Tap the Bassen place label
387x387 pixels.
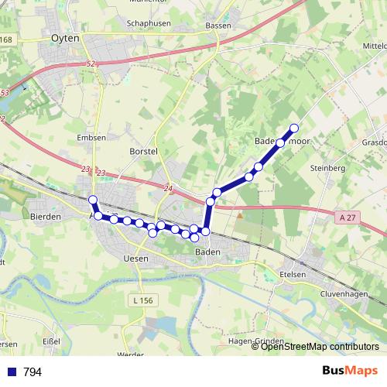[x=219, y=26]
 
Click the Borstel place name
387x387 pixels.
[x=144, y=150]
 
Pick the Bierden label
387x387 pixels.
[x=45, y=217]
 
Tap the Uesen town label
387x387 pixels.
[x=135, y=259]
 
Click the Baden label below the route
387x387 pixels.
[x=207, y=252]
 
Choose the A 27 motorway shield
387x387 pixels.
[x=347, y=219]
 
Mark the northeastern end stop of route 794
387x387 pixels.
[x=294, y=128]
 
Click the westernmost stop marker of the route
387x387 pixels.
[x=93, y=200]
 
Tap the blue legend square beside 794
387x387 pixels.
[x=12, y=372]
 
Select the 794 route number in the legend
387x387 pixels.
[x=33, y=372]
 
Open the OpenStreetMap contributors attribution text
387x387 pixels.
[x=320, y=347]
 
